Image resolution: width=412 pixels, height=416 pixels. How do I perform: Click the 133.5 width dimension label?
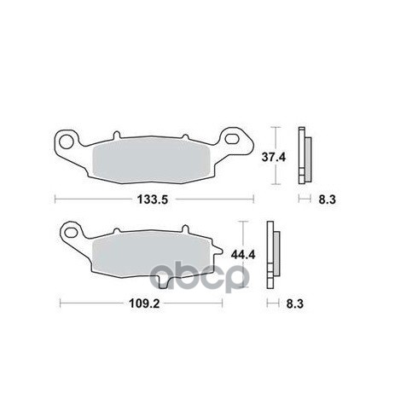coord(153,199)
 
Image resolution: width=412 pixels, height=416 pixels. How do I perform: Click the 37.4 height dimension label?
coord(274,157)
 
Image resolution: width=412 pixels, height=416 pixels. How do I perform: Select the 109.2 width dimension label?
coord(144,303)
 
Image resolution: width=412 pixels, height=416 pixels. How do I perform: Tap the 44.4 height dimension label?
coord(243,255)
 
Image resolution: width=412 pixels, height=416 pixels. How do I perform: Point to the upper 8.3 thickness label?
coord(327,199)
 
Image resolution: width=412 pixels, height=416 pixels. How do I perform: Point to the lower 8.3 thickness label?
coord(295,303)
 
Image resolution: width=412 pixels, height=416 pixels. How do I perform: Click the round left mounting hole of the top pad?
coord(67,142)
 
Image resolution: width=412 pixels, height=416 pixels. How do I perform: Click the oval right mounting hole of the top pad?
coord(232,139)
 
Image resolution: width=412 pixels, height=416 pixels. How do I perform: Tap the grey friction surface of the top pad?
coord(152,160)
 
